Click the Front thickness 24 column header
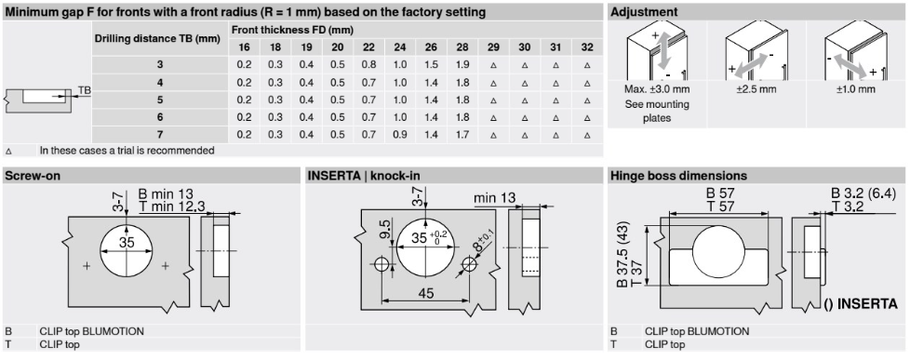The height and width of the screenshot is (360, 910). [x=400, y=47]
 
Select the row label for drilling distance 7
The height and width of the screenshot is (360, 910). [x=160, y=135]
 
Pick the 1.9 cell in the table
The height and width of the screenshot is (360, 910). [x=462, y=64]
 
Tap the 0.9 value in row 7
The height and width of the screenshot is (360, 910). [x=400, y=135]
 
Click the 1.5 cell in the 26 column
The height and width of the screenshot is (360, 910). [x=431, y=64]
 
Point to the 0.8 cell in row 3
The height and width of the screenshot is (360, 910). [x=368, y=64]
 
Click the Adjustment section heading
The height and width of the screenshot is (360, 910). [x=644, y=11]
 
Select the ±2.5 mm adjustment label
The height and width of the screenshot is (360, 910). [x=756, y=89]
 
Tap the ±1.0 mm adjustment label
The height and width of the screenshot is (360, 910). [x=855, y=89]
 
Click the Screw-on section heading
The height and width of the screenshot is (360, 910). [x=33, y=176]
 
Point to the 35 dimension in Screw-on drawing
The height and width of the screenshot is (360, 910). [x=127, y=242]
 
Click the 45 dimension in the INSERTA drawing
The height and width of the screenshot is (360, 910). [x=425, y=293]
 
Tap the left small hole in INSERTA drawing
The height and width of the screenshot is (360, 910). [x=381, y=265]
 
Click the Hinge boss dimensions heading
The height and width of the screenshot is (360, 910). [x=678, y=176]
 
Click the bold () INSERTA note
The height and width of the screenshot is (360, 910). [x=861, y=303]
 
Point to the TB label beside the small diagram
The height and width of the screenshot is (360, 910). [x=85, y=90]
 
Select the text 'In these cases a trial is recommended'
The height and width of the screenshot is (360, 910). [x=127, y=151]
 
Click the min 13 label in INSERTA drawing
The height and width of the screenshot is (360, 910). [x=494, y=198]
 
